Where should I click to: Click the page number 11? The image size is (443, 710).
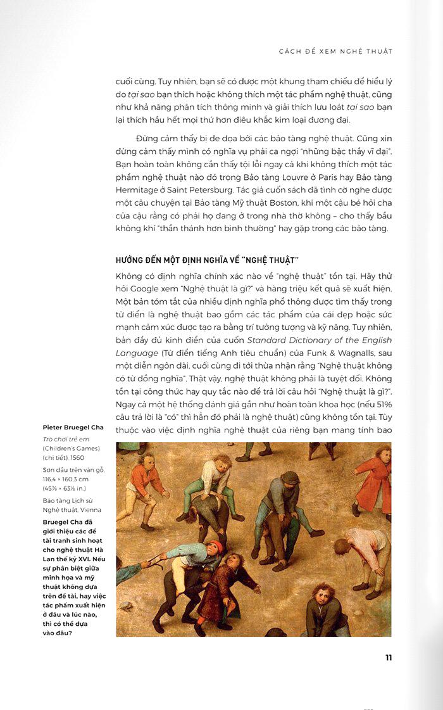pyautogui.click(x=389, y=657)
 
